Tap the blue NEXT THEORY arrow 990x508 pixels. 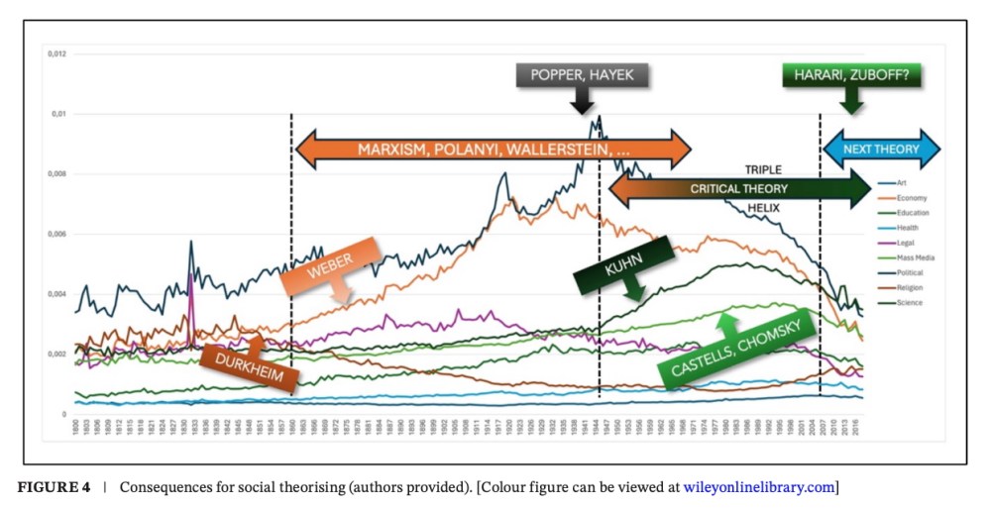click(881, 150)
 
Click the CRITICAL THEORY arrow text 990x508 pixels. click(738, 188)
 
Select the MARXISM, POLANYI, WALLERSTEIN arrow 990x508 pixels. click(493, 150)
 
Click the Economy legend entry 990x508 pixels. click(910, 198)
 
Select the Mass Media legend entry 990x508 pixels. click(913, 257)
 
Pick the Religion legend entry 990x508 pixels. click(909, 287)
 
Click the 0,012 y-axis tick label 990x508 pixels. click(55, 53)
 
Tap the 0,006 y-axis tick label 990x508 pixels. click(55, 235)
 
